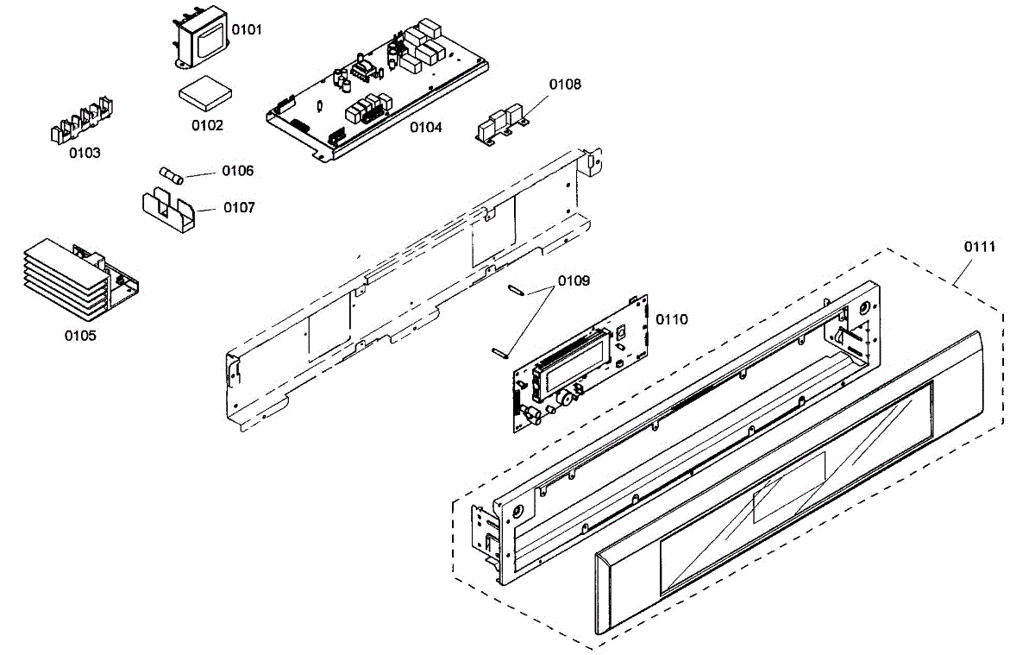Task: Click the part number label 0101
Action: click(x=248, y=30)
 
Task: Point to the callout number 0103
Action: click(x=85, y=153)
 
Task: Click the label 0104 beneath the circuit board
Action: click(x=426, y=128)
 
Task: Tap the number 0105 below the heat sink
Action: click(x=80, y=336)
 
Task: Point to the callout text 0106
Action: click(x=238, y=171)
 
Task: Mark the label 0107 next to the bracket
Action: click(x=239, y=208)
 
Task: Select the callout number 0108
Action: click(x=565, y=85)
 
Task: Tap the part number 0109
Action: click(x=574, y=280)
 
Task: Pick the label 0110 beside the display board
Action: click(x=672, y=319)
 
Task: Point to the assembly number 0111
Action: click(x=980, y=247)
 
